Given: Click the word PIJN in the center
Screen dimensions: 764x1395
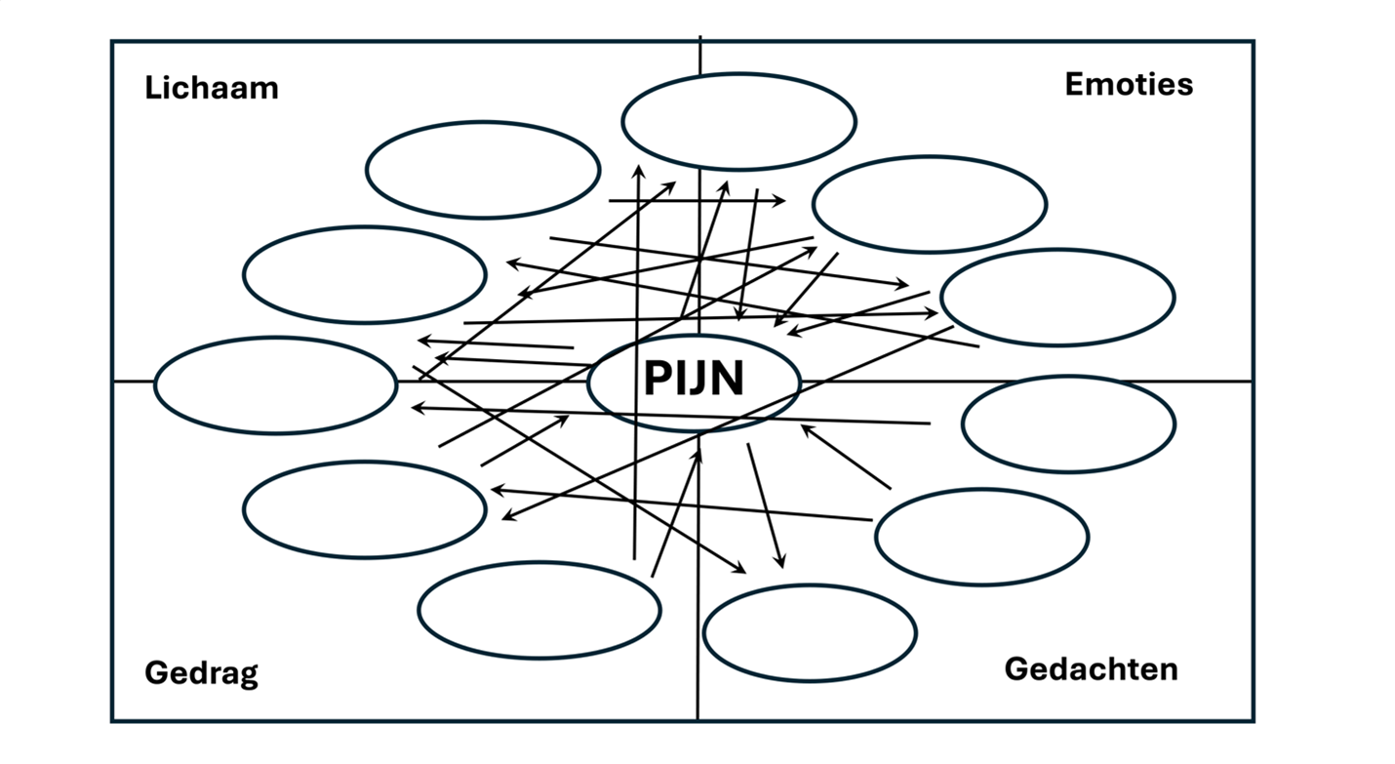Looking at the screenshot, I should click(694, 380).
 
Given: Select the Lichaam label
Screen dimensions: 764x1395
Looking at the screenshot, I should click(212, 88).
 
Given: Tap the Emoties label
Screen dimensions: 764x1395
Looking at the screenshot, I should click(1129, 84).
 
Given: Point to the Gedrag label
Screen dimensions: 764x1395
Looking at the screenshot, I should click(201, 673).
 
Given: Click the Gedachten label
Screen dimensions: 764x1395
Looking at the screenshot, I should click(1091, 669).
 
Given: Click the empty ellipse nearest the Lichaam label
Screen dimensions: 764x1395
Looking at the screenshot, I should click(483, 170).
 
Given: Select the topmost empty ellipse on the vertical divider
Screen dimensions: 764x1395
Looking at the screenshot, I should click(738, 121).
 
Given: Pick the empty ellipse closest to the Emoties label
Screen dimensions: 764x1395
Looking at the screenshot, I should click(929, 204).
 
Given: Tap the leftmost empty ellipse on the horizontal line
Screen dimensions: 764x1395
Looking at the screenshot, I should click(275, 384).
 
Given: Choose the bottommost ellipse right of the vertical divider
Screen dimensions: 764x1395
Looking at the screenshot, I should click(809, 633).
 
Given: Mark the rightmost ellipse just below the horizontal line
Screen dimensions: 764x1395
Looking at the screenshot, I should click(1068, 423).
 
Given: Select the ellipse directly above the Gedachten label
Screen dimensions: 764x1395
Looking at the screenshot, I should click(981, 538).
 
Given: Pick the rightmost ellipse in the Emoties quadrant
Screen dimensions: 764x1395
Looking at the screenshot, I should click(1057, 297).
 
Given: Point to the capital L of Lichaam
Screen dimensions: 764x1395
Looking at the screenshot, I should click(151, 88).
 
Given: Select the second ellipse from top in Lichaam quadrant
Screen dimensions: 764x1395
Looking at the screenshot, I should click(364, 274).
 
